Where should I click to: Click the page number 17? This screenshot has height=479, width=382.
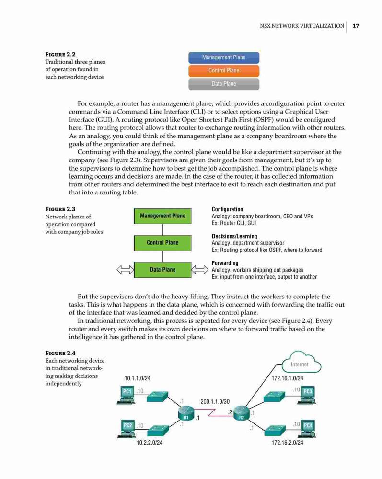point(356,26)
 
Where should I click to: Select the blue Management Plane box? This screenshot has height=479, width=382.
point(224,57)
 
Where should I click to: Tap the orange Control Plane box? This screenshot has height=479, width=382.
point(224,70)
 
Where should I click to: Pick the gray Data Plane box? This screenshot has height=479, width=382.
point(224,84)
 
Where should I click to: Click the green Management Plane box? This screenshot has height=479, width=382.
point(162,216)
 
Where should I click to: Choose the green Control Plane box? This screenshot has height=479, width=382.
point(162,243)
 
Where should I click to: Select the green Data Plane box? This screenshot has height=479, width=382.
point(162,270)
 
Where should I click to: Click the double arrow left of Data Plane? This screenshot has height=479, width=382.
point(125,270)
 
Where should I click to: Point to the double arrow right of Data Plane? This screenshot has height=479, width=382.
point(200,270)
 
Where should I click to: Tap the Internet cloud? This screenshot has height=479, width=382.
point(301,363)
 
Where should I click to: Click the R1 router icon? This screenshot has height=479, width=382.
point(186,413)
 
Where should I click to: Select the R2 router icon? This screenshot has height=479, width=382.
point(242,413)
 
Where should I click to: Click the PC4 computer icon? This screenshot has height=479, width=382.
point(307,429)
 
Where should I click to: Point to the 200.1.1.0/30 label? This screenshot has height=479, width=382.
point(215,402)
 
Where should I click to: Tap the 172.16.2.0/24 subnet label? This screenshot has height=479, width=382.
point(287,442)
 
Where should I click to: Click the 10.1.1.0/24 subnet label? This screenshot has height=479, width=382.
point(138,378)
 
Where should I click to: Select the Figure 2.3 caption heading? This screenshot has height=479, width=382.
point(60,209)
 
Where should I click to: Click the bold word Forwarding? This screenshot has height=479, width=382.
point(225,263)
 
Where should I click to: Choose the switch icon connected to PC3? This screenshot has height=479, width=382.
point(274,397)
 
